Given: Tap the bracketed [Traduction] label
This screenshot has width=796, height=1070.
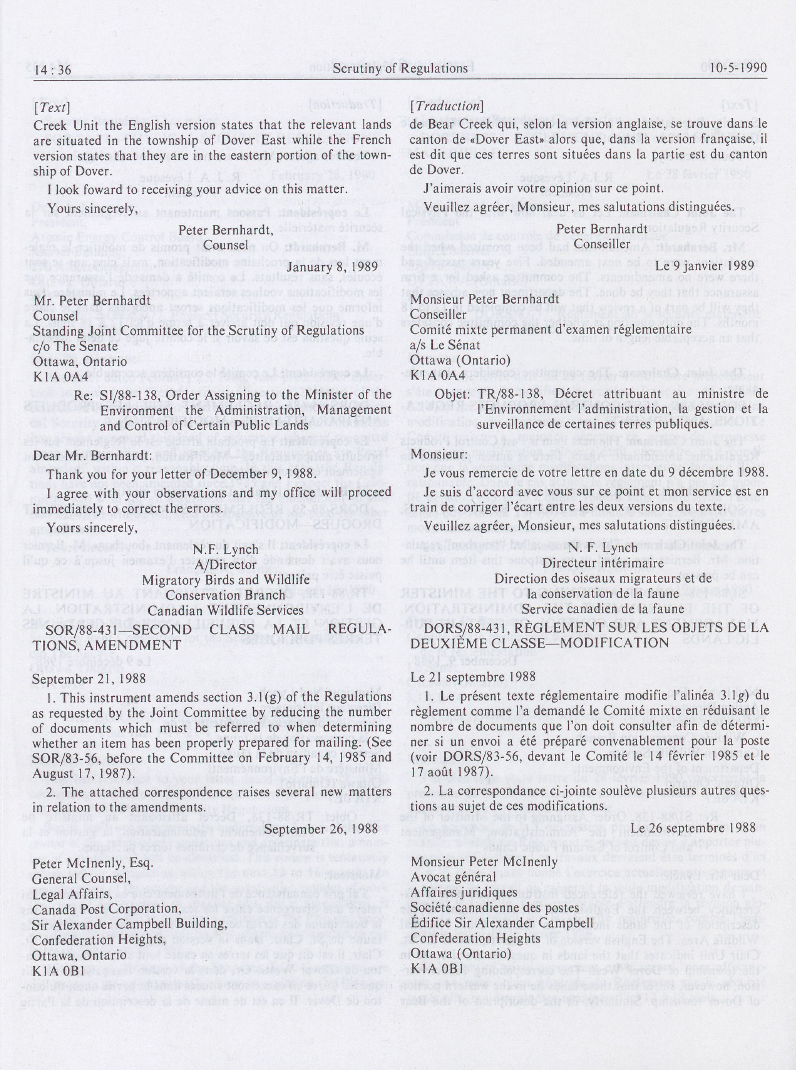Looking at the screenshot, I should tap(445, 105).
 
